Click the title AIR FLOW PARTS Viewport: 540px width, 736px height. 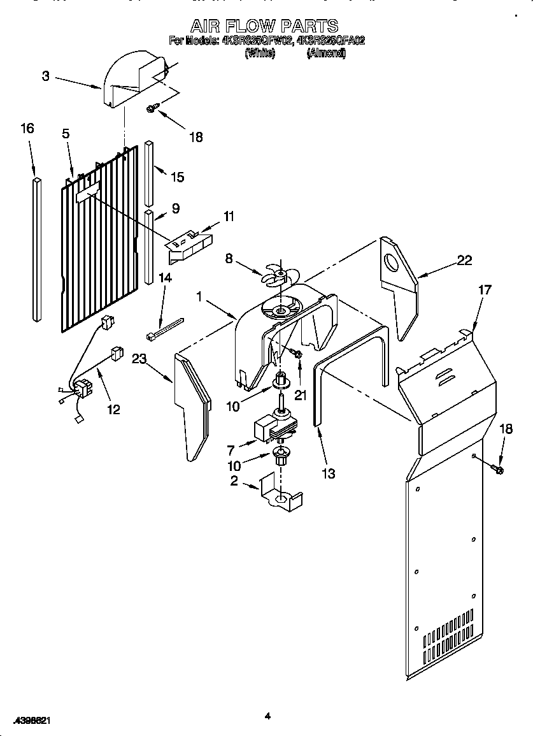[x=265, y=26]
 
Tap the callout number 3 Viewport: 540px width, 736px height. [x=46, y=76]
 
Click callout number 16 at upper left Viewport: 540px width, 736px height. [x=27, y=129]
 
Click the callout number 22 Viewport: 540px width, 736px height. [x=465, y=259]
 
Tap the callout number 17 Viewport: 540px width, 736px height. [x=485, y=290]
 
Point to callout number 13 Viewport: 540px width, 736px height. [x=329, y=473]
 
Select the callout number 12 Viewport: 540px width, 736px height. [x=113, y=410]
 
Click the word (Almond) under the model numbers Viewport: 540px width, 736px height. [x=325, y=54]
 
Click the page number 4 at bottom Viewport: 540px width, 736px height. [x=267, y=717]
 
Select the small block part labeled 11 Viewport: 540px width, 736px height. [x=190, y=245]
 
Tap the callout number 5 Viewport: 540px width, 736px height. [x=66, y=134]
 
